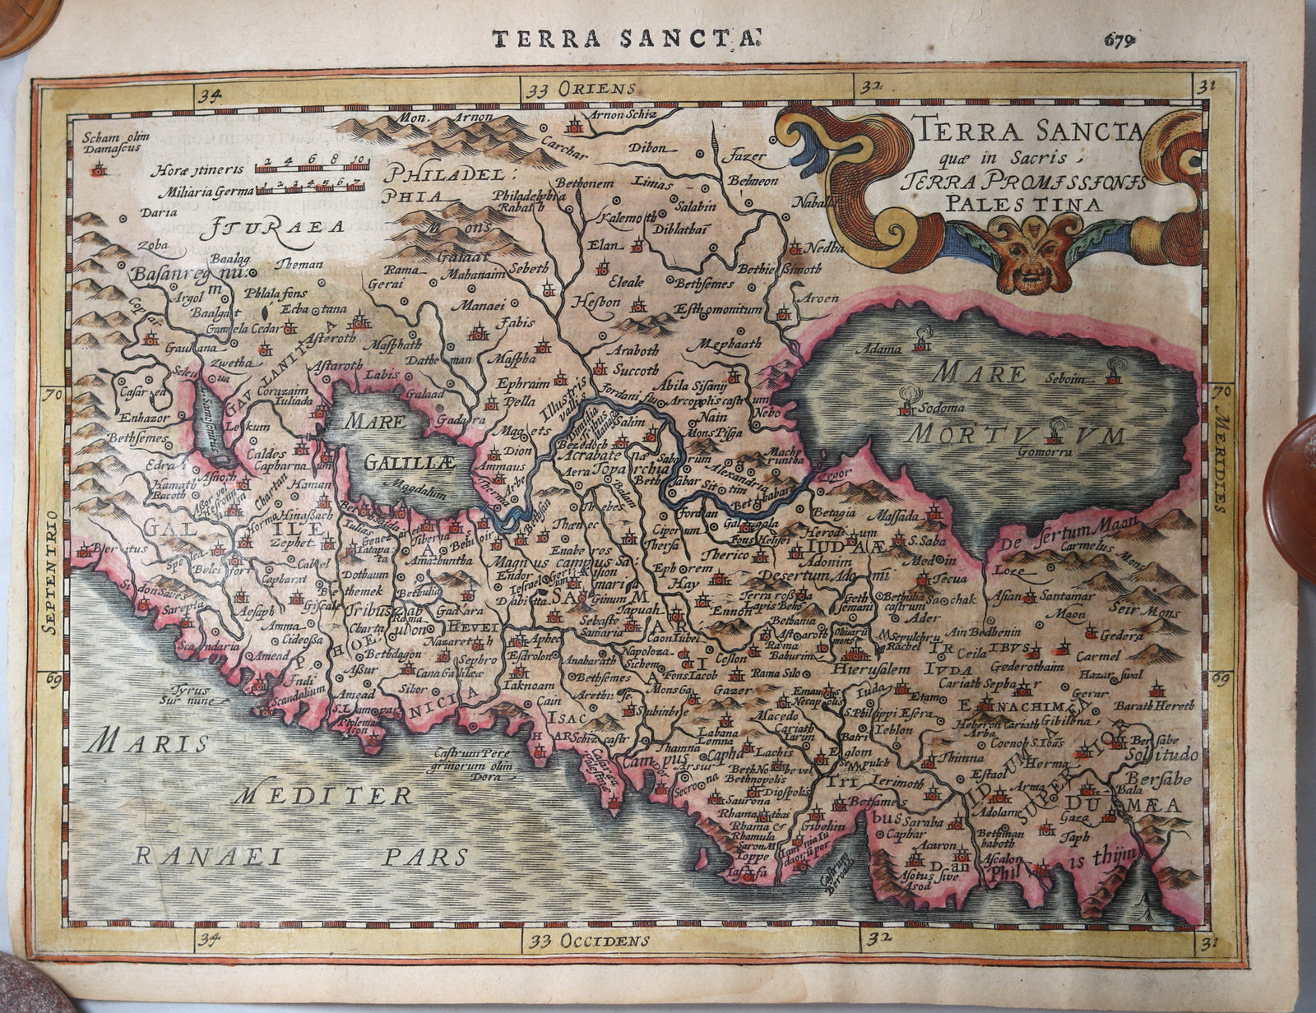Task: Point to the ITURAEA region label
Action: point(276,226)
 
